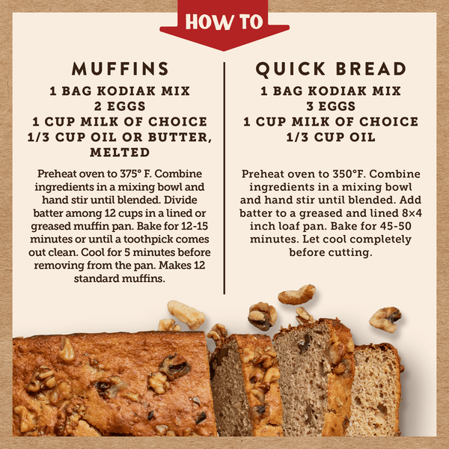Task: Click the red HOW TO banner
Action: coord(224,22)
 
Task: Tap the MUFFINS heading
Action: coord(120,70)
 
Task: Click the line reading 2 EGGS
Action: coord(120,106)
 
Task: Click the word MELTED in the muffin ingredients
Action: coord(120,152)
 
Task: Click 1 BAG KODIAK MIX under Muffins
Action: coord(120,91)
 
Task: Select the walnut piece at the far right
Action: coord(385,318)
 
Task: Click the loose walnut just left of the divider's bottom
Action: coord(186,314)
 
